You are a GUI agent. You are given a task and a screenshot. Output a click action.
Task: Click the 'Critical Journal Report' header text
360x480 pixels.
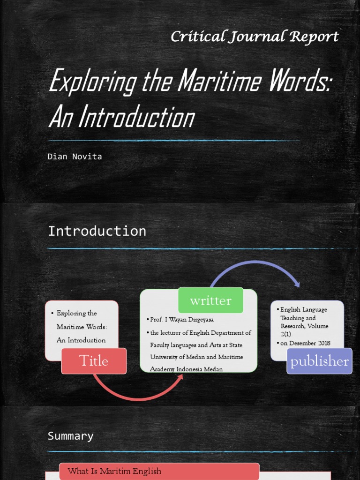[255, 37]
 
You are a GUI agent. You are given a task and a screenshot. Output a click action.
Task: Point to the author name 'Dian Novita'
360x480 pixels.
[75, 157]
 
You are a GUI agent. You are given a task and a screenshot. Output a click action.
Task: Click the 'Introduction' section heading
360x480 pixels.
[97, 231]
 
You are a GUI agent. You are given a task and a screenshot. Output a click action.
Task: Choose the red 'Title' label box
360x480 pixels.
[94, 361]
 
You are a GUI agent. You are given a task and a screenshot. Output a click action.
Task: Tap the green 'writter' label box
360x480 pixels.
[210, 300]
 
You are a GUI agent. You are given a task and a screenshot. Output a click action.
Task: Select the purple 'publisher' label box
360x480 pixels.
[319, 361]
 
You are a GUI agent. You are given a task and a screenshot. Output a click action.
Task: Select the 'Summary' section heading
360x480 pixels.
[70, 436]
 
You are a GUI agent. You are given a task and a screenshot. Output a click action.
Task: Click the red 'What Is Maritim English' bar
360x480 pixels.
[159, 471]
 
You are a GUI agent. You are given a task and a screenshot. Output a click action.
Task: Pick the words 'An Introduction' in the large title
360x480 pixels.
[121, 117]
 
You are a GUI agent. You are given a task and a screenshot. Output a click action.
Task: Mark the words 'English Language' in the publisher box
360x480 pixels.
[303, 309]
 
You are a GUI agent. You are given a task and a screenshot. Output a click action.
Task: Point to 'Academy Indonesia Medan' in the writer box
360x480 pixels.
[186, 369]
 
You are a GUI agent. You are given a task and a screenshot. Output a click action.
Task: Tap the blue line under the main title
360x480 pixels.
[173, 140]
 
